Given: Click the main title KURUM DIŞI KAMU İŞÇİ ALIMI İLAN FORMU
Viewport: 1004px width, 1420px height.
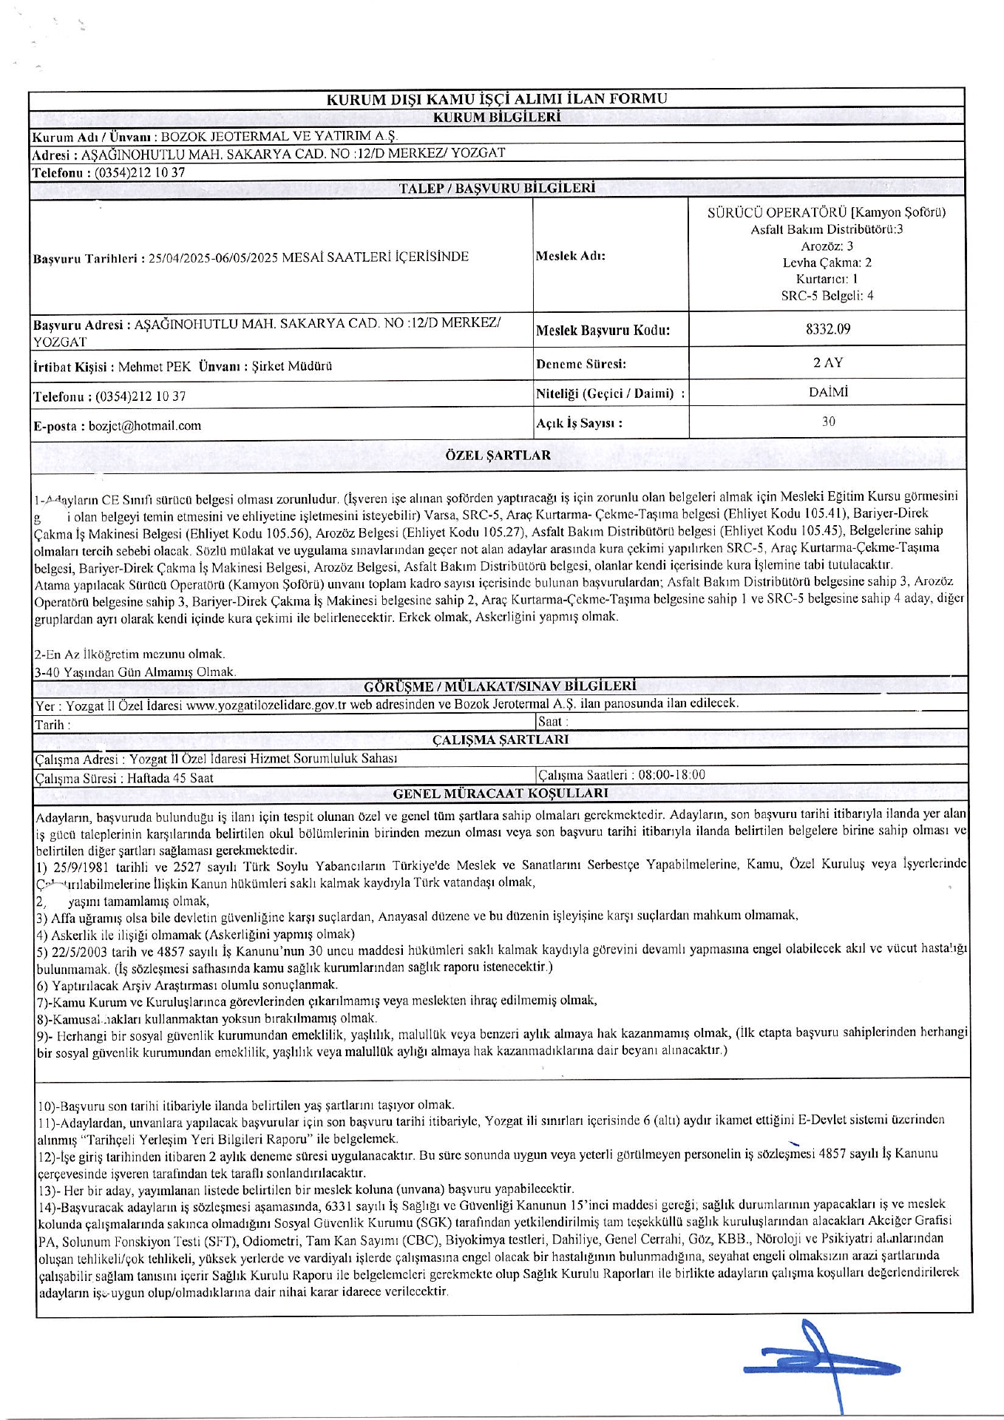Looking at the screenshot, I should (x=497, y=99).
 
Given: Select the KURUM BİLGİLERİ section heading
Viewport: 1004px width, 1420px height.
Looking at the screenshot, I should (x=497, y=117).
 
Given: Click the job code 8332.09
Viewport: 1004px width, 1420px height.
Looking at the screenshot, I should (x=827, y=329).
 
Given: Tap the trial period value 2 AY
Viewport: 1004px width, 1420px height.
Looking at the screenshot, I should (x=827, y=363).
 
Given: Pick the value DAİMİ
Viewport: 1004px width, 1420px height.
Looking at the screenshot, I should (x=827, y=393).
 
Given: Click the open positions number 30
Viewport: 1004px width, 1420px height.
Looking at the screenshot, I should (x=828, y=422).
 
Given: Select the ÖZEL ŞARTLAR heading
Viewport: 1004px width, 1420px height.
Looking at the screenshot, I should (x=498, y=455).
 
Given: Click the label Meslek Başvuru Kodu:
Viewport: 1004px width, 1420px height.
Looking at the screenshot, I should (x=603, y=331).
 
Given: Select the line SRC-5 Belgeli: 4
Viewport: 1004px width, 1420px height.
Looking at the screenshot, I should (x=827, y=296).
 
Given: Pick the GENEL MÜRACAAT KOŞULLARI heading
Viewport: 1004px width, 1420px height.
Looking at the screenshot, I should (x=501, y=794).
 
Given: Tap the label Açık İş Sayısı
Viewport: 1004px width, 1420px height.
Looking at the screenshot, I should (x=579, y=424).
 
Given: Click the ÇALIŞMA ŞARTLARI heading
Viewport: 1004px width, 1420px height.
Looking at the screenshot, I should (x=501, y=740).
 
